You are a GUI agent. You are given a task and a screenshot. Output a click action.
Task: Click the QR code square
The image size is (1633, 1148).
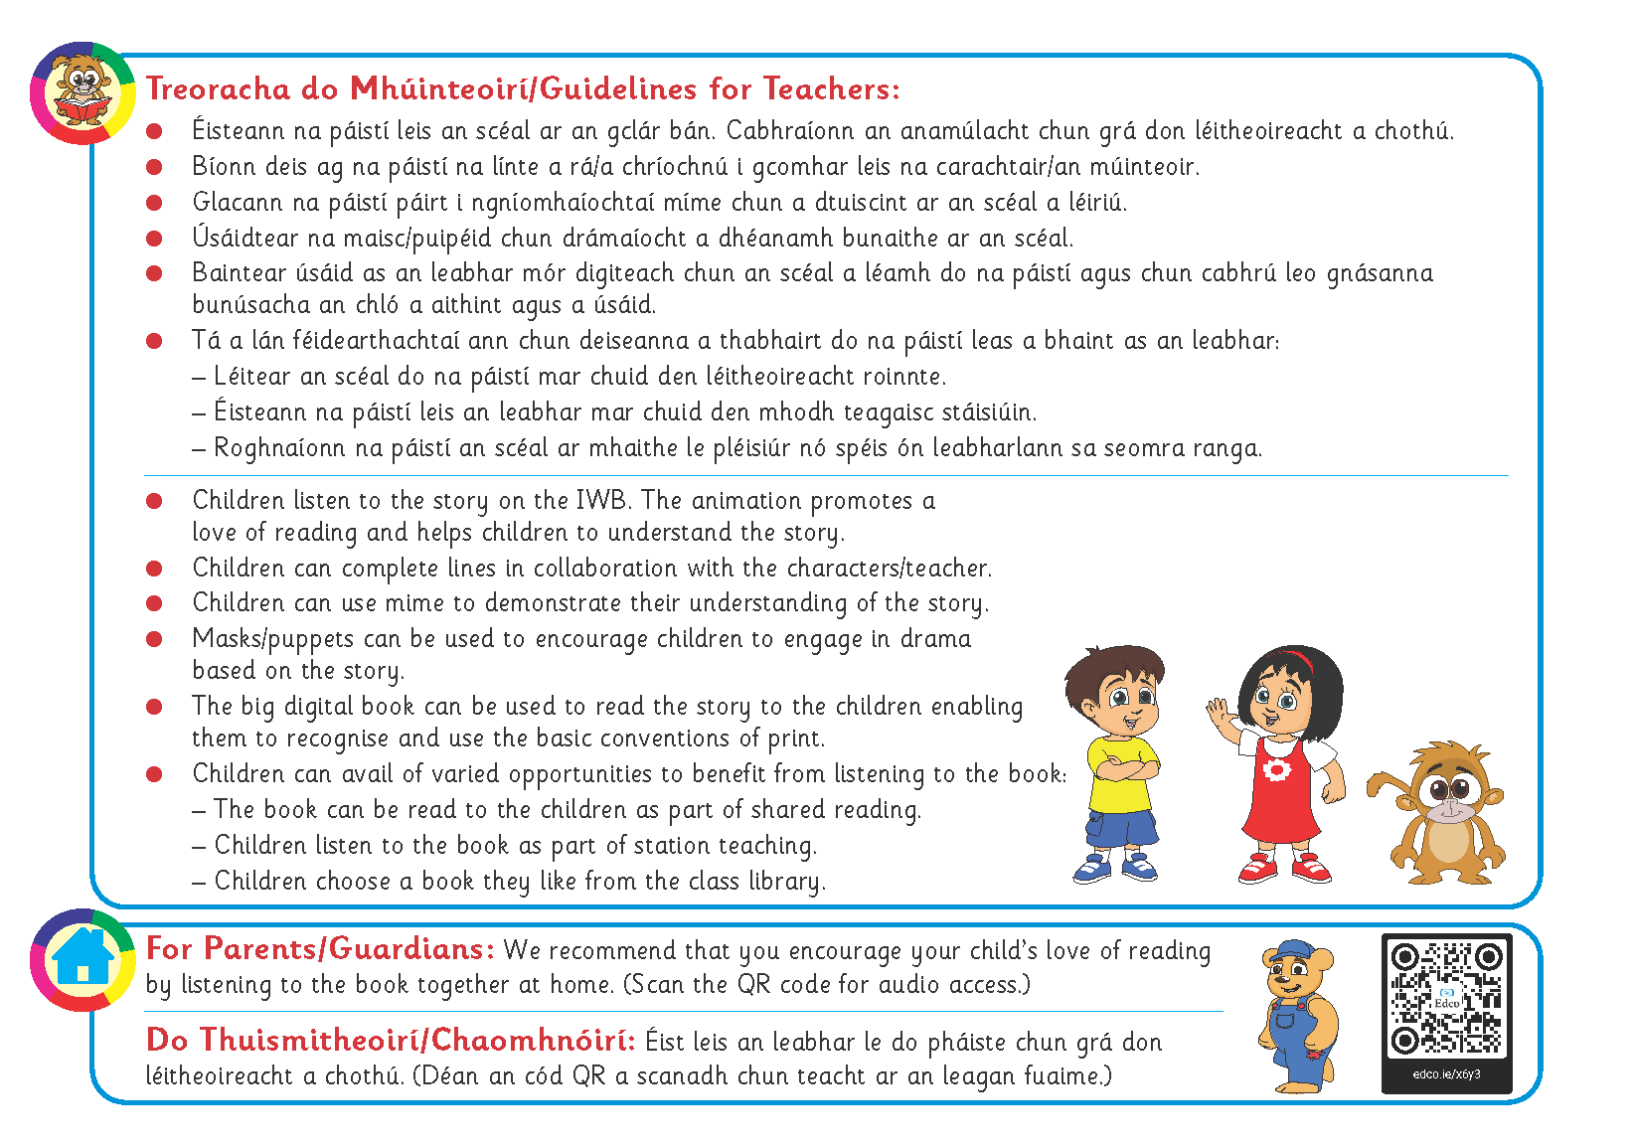(x=1446, y=999)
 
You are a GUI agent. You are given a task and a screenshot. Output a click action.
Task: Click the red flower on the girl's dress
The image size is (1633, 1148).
(x=1274, y=770)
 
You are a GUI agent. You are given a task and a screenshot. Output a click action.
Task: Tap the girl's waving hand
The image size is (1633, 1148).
(x=1218, y=712)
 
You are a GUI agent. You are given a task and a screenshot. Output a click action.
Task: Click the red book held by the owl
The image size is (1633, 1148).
(x=82, y=108)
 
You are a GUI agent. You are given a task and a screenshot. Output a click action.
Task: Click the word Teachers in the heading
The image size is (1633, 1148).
(x=831, y=89)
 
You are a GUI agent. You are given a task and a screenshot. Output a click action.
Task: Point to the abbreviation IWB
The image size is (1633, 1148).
(x=602, y=500)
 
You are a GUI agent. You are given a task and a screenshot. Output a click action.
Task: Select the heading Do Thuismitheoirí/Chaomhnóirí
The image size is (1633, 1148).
(x=391, y=1041)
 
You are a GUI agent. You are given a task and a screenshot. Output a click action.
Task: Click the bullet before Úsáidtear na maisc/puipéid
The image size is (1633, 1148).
(x=154, y=239)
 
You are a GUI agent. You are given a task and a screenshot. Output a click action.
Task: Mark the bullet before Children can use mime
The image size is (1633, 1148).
(x=154, y=603)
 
